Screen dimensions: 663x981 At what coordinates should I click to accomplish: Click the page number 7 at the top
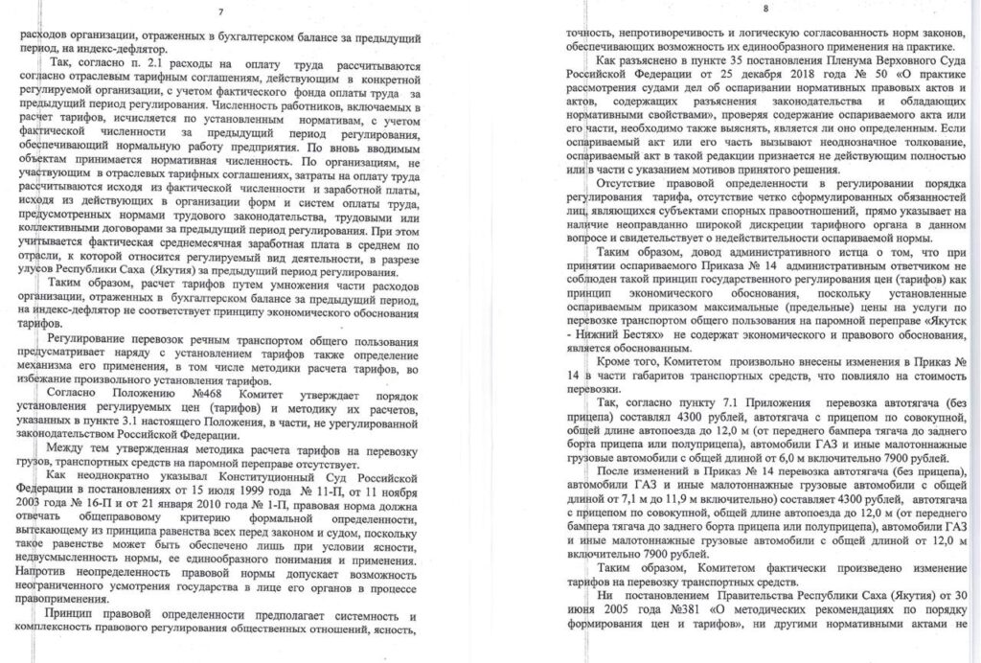tap(221, 12)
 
